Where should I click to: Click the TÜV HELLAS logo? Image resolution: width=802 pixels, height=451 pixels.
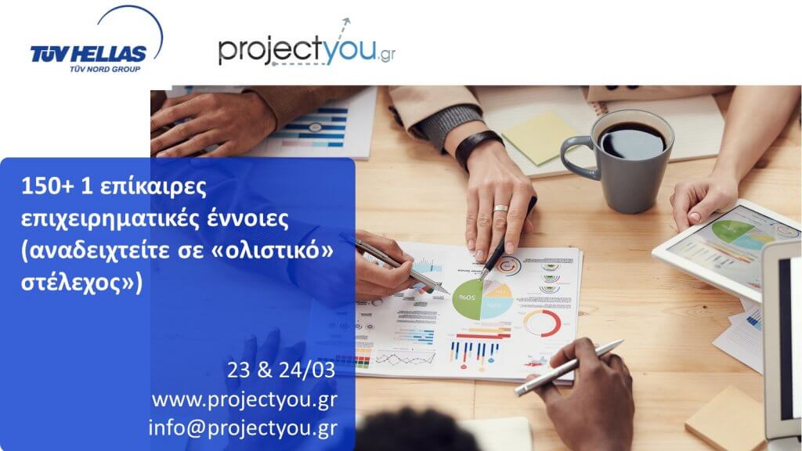click(96, 41)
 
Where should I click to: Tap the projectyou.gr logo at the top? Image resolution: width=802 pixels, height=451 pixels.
click(307, 45)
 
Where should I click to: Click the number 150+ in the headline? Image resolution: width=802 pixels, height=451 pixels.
click(48, 186)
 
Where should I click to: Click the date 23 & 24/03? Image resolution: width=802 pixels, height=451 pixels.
click(281, 370)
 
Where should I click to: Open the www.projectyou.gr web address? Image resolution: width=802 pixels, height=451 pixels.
click(244, 399)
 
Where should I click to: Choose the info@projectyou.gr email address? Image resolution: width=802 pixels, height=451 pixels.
click(243, 428)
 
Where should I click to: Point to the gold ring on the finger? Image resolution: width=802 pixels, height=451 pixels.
click(500, 208)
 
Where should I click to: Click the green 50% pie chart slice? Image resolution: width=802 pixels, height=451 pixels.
click(468, 299)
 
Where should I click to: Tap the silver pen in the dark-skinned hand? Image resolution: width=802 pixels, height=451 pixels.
click(568, 368)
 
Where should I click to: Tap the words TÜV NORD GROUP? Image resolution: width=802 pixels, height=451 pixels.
click(105, 69)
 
